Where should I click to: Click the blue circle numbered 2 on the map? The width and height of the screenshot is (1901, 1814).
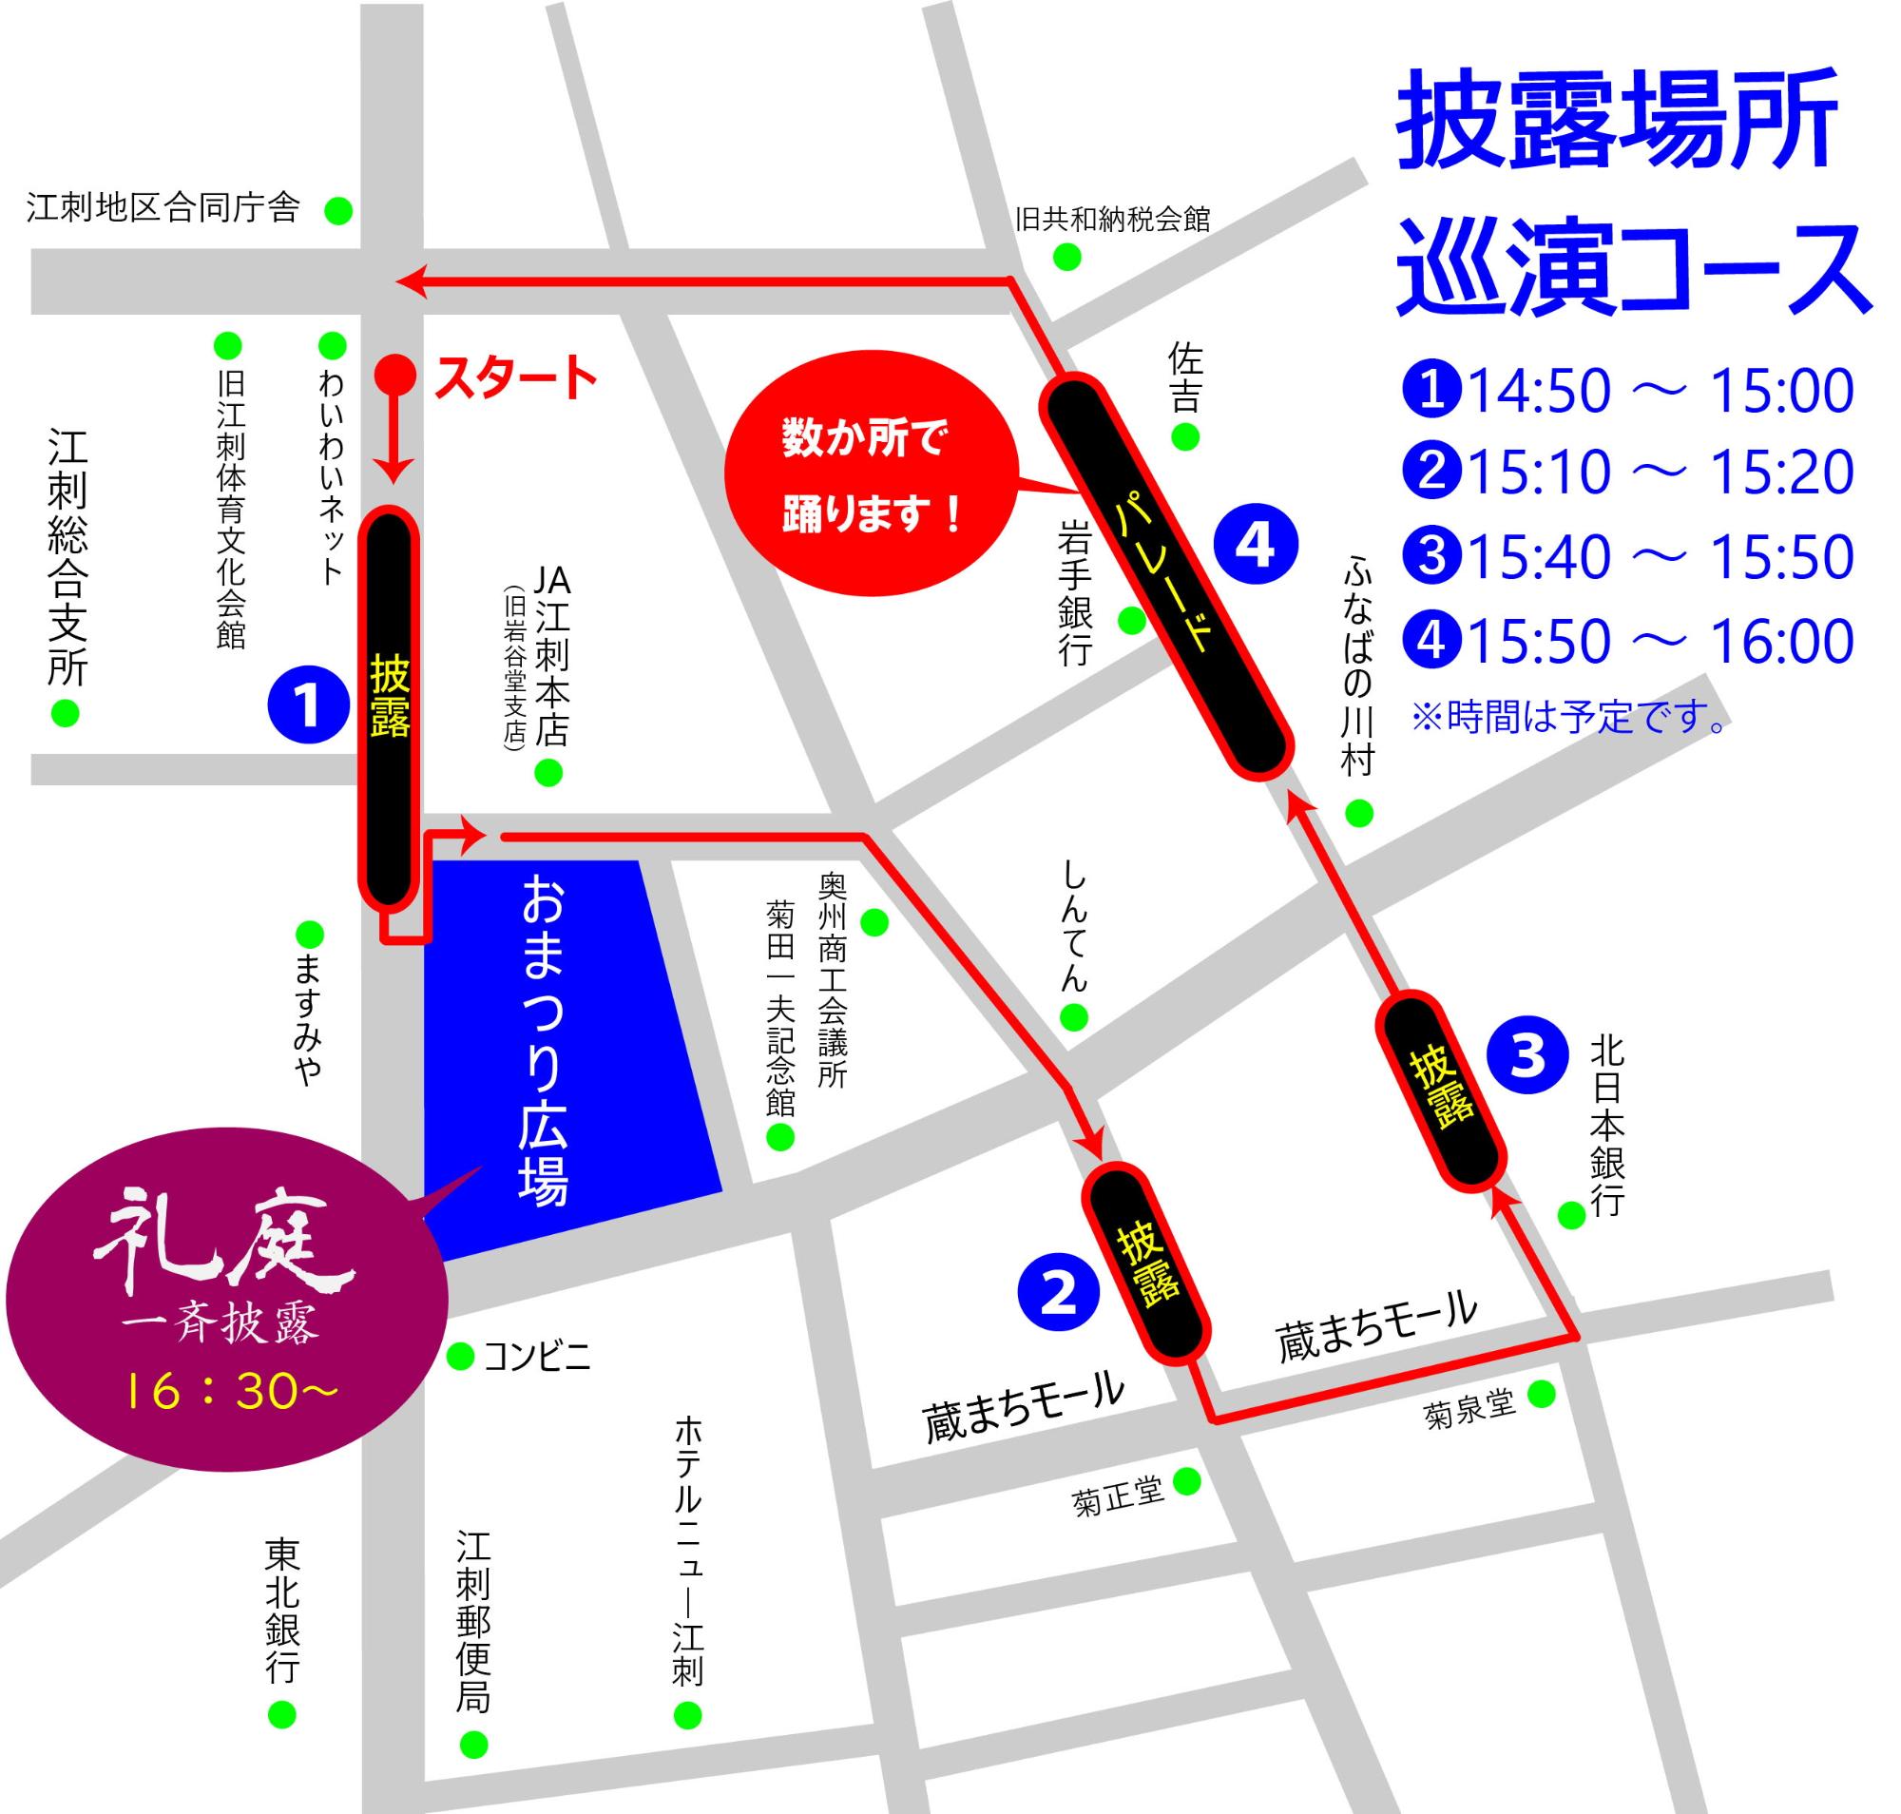click(x=1058, y=1291)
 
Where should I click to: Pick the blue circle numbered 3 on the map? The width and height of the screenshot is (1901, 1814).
click(x=1527, y=1054)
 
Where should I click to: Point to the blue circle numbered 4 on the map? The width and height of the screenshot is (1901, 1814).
click(x=1255, y=546)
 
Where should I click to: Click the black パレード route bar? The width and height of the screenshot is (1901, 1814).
click(x=1165, y=577)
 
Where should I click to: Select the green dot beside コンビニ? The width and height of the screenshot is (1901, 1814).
click(x=460, y=1357)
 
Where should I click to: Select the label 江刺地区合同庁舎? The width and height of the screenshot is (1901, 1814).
click(x=163, y=208)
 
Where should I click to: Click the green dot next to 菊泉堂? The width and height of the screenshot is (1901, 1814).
click(x=1541, y=1394)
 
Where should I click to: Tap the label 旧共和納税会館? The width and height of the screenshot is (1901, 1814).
click(x=1112, y=220)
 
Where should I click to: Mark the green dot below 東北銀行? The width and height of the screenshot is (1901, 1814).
click(x=280, y=1714)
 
